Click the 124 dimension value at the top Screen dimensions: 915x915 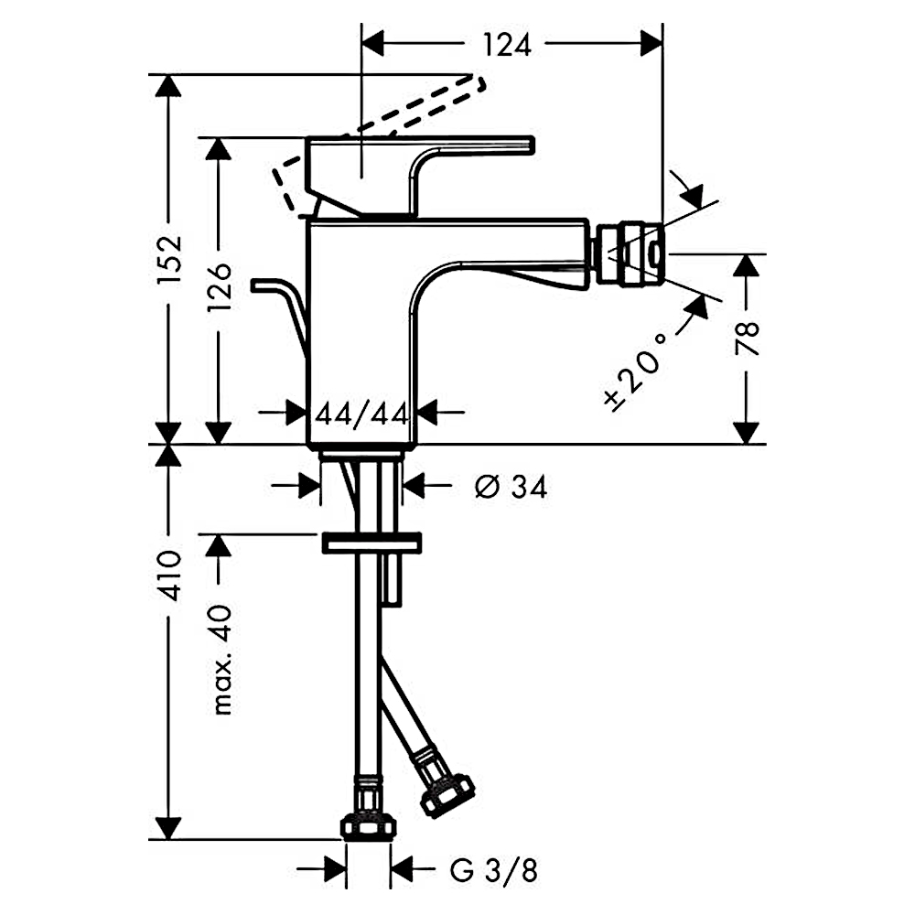point(507,45)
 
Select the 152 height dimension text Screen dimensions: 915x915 point(170,260)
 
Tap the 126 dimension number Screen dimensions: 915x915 point(220,285)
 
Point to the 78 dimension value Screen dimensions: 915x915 point(747,338)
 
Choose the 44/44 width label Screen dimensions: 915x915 point(361,414)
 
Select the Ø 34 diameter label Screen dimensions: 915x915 point(511,486)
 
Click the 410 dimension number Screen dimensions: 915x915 point(170,575)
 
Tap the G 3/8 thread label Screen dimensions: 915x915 point(494,871)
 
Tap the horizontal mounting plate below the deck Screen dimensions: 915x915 point(371,543)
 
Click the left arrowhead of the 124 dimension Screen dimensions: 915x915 point(373,44)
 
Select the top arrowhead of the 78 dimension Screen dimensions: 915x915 point(747,265)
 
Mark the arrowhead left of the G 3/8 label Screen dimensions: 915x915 point(336,870)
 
